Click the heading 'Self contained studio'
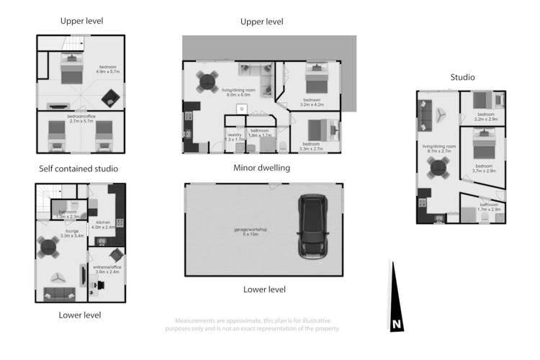coord(78,168)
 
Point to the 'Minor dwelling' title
coord(261,168)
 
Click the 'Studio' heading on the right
coord(462,77)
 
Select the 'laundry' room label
coord(234,135)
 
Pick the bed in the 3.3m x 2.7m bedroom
coord(319,130)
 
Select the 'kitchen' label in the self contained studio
coord(102,222)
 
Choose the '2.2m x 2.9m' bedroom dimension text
coord(486,119)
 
